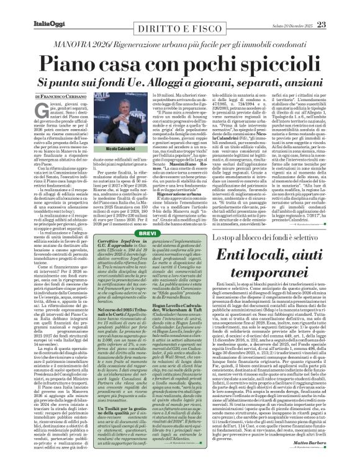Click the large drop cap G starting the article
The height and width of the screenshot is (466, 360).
[x=40, y=111]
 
